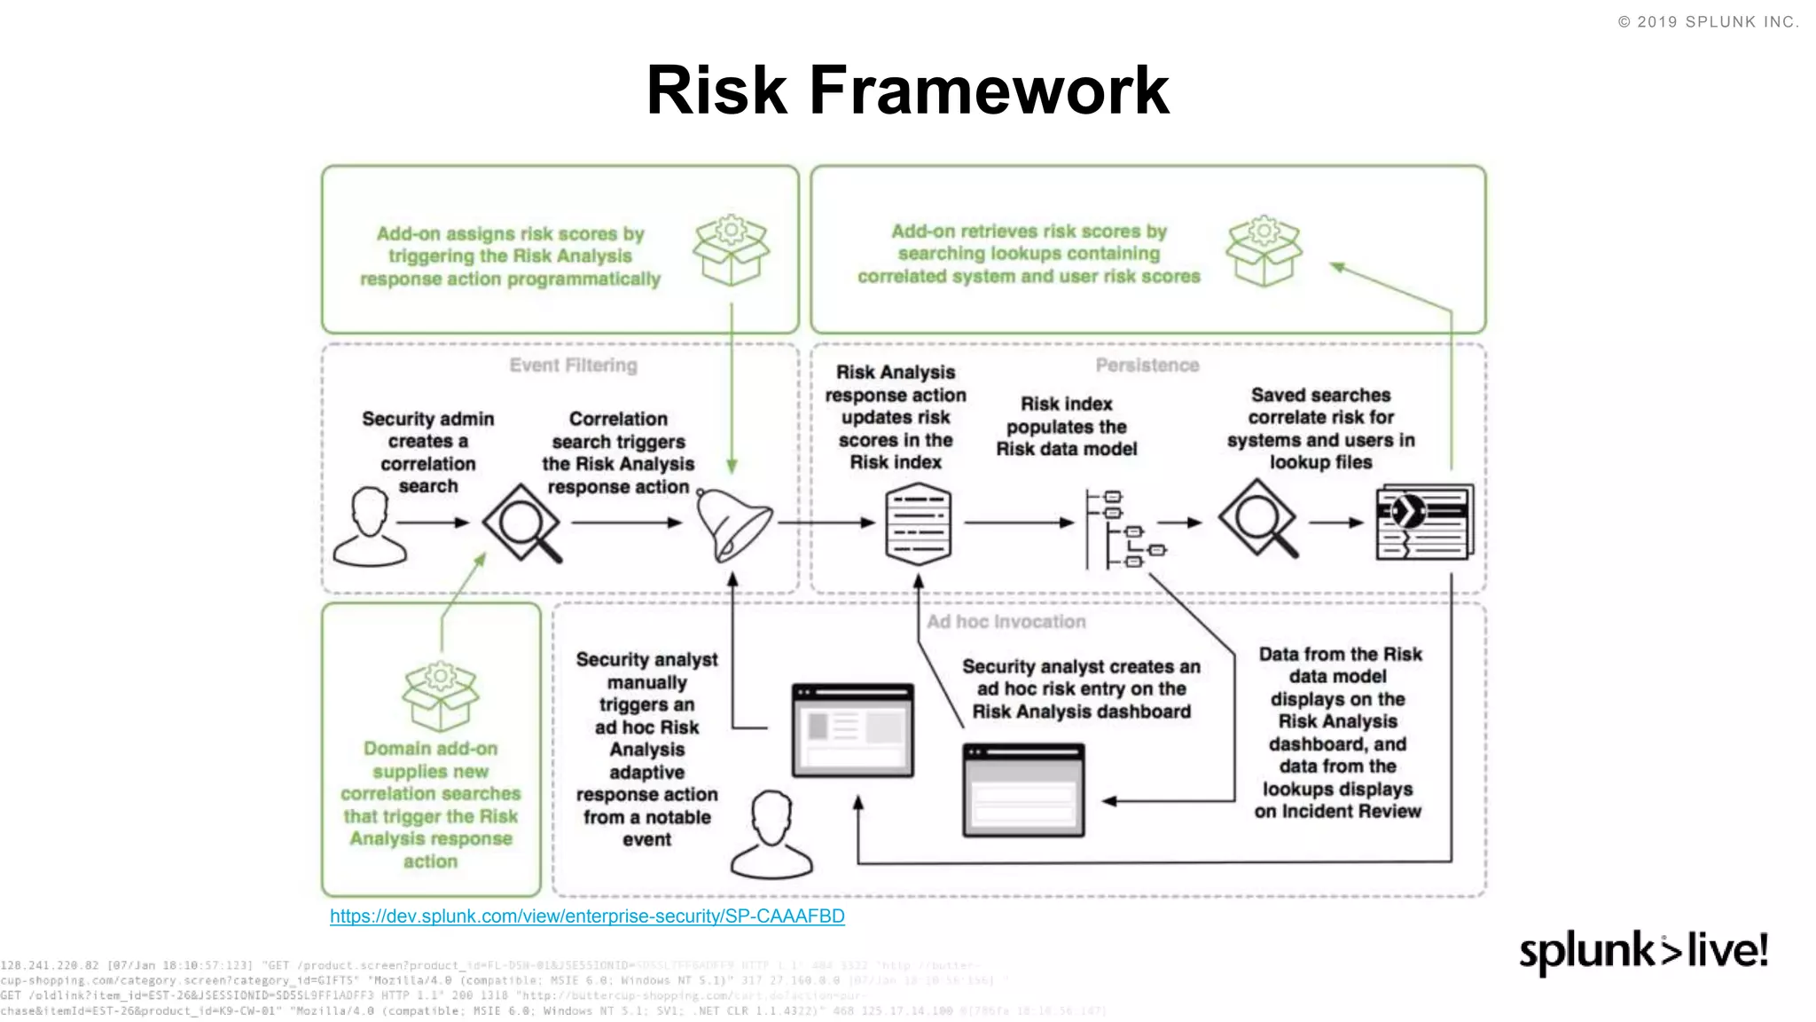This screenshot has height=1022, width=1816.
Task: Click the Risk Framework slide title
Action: pyautogui.click(x=907, y=90)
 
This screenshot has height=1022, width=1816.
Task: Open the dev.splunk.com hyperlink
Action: pyautogui.click(x=587, y=916)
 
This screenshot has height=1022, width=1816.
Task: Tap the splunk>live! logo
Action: pyautogui.click(x=1643, y=952)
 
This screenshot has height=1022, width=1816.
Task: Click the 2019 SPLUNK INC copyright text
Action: pyautogui.click(x=1708, y=22)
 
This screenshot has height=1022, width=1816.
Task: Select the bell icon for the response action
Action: pyautogui.click(x=732, y=525)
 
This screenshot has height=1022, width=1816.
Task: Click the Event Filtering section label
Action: pyautogui.click(x=573, y=366)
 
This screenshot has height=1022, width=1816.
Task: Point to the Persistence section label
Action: pyautogui.click(x=1147, y=366)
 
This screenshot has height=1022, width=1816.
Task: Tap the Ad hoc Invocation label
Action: pyautogui.click(x=1006, y=622)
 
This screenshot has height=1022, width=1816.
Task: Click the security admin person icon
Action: pyautogui.click(x=370, y=526)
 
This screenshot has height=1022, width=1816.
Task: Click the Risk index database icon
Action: pyautogui.click(x=919, y=524)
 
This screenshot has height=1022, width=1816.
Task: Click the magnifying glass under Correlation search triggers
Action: pyautogui.click(x=522, y=523)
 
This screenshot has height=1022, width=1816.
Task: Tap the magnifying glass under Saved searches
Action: pyautogui.click(x=1258, y=518)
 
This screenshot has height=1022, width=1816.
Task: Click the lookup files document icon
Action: pyautogui.click(x=1423, y=523)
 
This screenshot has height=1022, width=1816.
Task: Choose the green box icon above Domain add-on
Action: pyautogui.click(x=440, y=696)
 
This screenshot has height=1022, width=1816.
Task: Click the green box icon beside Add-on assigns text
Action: pyautogui.click(x=731, y=250)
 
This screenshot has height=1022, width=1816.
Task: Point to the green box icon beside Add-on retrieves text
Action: pyautogui.click(x=1264, y=250)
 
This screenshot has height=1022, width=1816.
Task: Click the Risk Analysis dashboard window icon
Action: pyautogui.click(x=1023, y=790)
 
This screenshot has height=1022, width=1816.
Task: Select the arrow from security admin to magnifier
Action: pyautogui.click(x=433, y=523)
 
